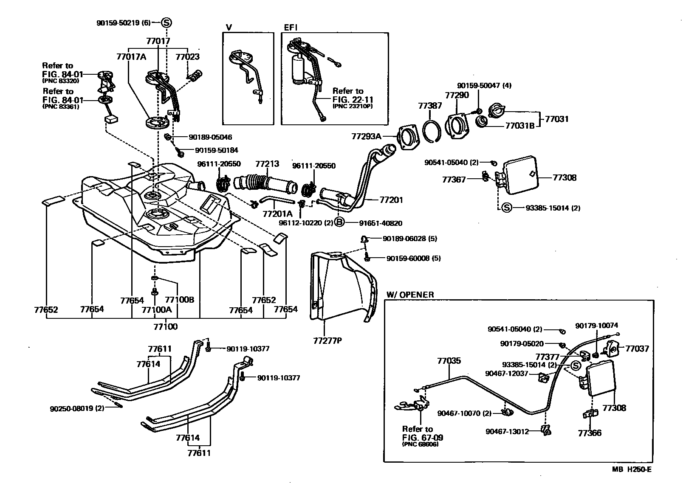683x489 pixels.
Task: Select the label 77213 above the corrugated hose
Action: (x=267, y=164)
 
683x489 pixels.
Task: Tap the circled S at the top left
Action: (x=167, y=22)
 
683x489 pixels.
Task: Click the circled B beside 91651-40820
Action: (x=339, y=222)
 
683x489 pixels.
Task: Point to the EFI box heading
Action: (x=291, y=27)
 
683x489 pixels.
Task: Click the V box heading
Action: (x=229, y=27)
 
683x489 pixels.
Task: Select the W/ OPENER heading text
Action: (x=410, y=295)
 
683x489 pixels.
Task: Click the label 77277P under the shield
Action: (x=327, y=340)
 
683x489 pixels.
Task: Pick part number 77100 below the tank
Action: (x=165, y=327)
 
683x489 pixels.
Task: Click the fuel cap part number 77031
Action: (x=556, y=119)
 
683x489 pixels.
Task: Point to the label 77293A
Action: (x=367, y=136)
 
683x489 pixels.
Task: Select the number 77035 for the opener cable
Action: (x=449, y=361)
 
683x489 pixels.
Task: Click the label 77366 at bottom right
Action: (x=590, y=433)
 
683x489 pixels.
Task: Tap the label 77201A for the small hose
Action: (x=277, y=214)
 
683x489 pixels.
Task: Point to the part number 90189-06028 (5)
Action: (x=409, y=239)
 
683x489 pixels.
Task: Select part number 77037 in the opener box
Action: (x=637, y=349)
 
